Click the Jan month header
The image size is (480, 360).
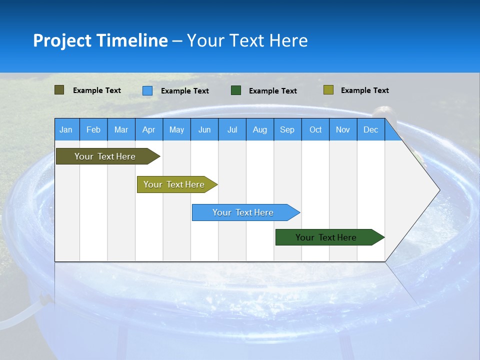click(66, 130)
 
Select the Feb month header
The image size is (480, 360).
click(93, 130)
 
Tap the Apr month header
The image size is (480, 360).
click(148, 130)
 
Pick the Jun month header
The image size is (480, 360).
click(204, 130)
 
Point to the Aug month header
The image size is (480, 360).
click(259, 130)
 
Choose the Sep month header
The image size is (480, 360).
click(287, 130)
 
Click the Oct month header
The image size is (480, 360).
click(315, 130)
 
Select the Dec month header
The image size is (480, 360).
click(370, 130)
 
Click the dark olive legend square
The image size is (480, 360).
click(59, 90)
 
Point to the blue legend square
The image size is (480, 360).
click(147, 90)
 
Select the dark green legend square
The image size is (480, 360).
click(236, 90)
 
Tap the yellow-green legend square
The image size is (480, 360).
click(328, 90)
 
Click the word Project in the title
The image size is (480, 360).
click(62, 40)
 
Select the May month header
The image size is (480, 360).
click(176, 130)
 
